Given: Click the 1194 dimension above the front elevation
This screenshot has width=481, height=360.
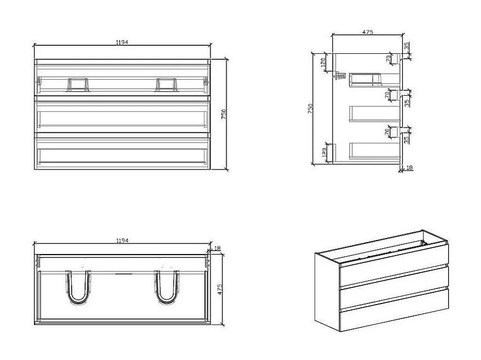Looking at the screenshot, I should coord(122,42).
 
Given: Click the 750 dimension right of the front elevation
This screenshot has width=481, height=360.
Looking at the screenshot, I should coord(223,114).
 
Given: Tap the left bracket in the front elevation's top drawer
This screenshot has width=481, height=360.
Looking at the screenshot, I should coord(78,84).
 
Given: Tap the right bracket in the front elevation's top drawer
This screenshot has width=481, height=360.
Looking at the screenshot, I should coord(166,84).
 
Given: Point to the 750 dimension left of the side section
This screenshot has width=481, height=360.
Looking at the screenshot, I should coord(310,109).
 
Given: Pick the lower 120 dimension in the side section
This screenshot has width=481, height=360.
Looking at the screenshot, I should coord(323,153).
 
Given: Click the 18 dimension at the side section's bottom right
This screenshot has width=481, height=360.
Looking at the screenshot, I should coord(410,168).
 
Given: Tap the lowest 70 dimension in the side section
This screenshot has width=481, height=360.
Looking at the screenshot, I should coord(387,132).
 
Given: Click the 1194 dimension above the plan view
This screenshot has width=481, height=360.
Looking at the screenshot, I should coord(122,241).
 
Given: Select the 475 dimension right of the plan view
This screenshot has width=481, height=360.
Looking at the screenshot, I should coord(219,288).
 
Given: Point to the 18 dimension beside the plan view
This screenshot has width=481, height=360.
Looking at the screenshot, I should coord(217,248).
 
